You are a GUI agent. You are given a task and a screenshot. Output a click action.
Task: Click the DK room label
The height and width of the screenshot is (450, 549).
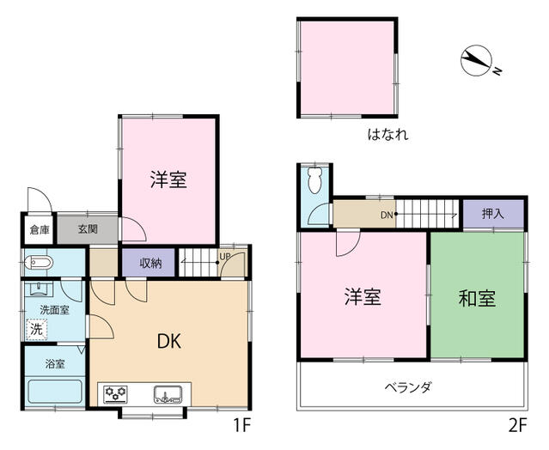[x=169, y=342]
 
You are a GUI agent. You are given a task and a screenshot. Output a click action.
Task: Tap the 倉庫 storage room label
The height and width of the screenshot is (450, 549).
[x=40, y=230]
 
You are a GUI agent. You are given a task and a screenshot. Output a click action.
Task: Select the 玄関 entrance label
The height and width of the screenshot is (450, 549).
[x=88, y=229]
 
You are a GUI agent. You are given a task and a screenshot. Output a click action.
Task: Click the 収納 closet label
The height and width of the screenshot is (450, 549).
[x=150, y=263]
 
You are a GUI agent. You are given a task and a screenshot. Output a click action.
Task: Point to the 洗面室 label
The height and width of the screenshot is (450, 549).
[x=54, y=310]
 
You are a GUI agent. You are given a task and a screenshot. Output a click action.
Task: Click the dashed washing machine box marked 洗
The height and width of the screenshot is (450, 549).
[x=36, y=329]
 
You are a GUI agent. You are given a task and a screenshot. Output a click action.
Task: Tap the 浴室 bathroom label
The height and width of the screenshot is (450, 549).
[x=55, y=364]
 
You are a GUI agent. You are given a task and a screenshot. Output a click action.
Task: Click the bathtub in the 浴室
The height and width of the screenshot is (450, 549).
[x=55, y=392]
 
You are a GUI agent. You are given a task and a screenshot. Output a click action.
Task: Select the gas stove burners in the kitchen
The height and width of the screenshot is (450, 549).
[x=115, y=395]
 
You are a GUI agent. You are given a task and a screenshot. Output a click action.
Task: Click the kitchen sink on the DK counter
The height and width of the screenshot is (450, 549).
[x=168, y=395]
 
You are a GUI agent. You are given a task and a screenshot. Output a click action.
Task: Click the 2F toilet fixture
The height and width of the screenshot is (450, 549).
[x=315, y=179]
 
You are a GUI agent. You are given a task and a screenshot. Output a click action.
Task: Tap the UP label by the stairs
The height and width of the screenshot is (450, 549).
[x=224, y=256]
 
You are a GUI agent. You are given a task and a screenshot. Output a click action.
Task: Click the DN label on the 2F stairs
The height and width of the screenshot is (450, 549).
[x=387, y=216]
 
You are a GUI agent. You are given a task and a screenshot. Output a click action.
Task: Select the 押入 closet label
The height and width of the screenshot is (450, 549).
[x=493, y=214]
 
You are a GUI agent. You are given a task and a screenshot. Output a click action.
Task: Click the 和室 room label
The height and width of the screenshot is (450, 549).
[x=477, y=299]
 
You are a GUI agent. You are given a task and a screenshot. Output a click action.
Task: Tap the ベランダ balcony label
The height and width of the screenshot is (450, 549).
[x=408, y=387]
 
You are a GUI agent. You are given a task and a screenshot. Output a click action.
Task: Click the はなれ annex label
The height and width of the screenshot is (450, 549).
[x=388, y=135]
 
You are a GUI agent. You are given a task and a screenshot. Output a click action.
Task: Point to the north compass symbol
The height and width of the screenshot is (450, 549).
[x=477, y=60]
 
